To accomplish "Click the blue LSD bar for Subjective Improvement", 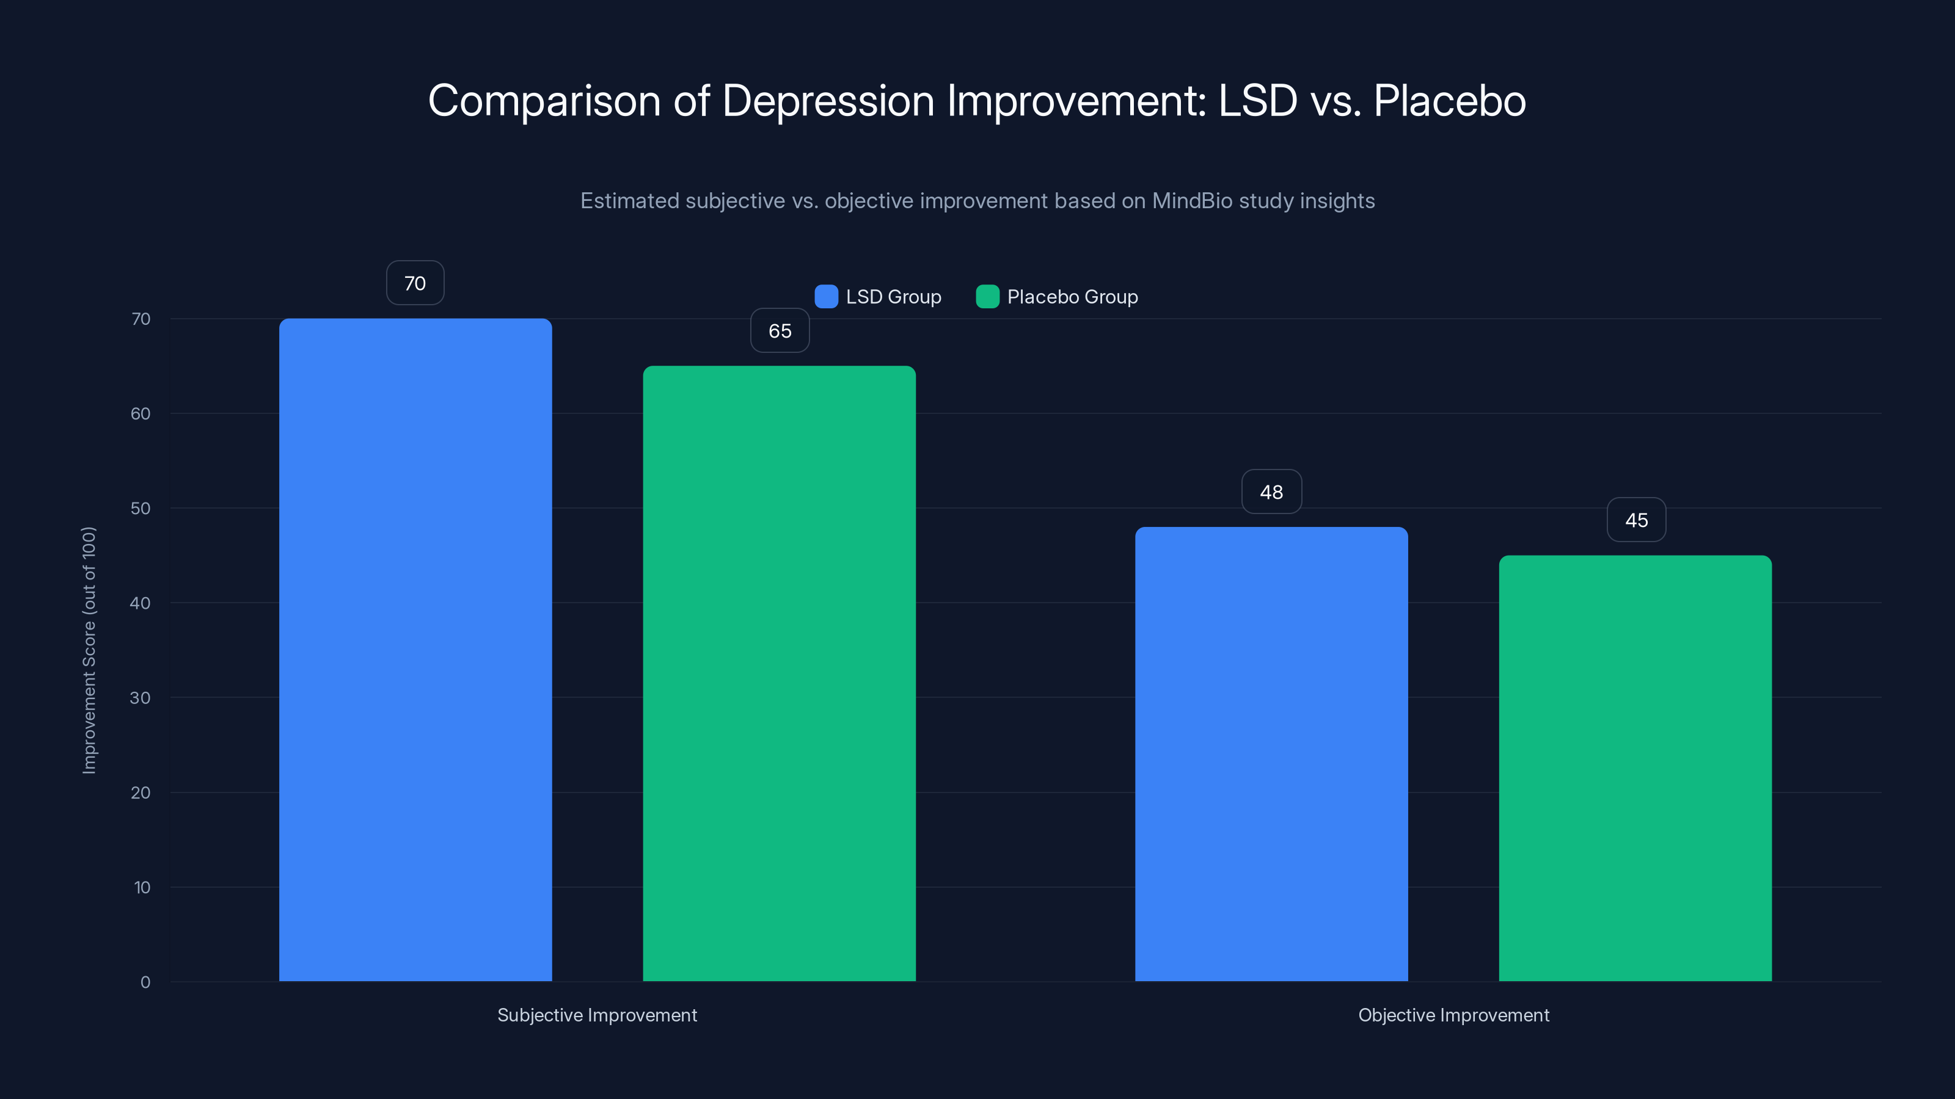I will (x=415, y=650).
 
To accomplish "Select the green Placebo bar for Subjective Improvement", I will (x=780, y=673).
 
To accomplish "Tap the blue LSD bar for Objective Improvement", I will (x=1271, y=754).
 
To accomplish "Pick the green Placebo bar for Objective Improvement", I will (x=1635, y=768).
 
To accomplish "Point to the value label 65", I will (x=780, y=331).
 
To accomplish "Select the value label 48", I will (x=1271, y=492).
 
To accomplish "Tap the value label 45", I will (x=1636, y=520).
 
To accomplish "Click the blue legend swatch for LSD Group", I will (x=826, y=297).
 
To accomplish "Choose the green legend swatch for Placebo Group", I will (x=987, y=297).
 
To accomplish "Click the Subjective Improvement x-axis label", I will (x=596, y=1015).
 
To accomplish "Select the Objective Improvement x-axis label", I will (x=1453, y=1015).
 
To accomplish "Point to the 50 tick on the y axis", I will (x=141, y=508).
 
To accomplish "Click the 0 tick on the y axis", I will (x=145, y=982).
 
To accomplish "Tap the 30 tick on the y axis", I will (x=141, y=698).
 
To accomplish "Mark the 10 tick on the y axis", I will (x=142, y=887).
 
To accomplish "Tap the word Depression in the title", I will (x=828, y=101).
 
